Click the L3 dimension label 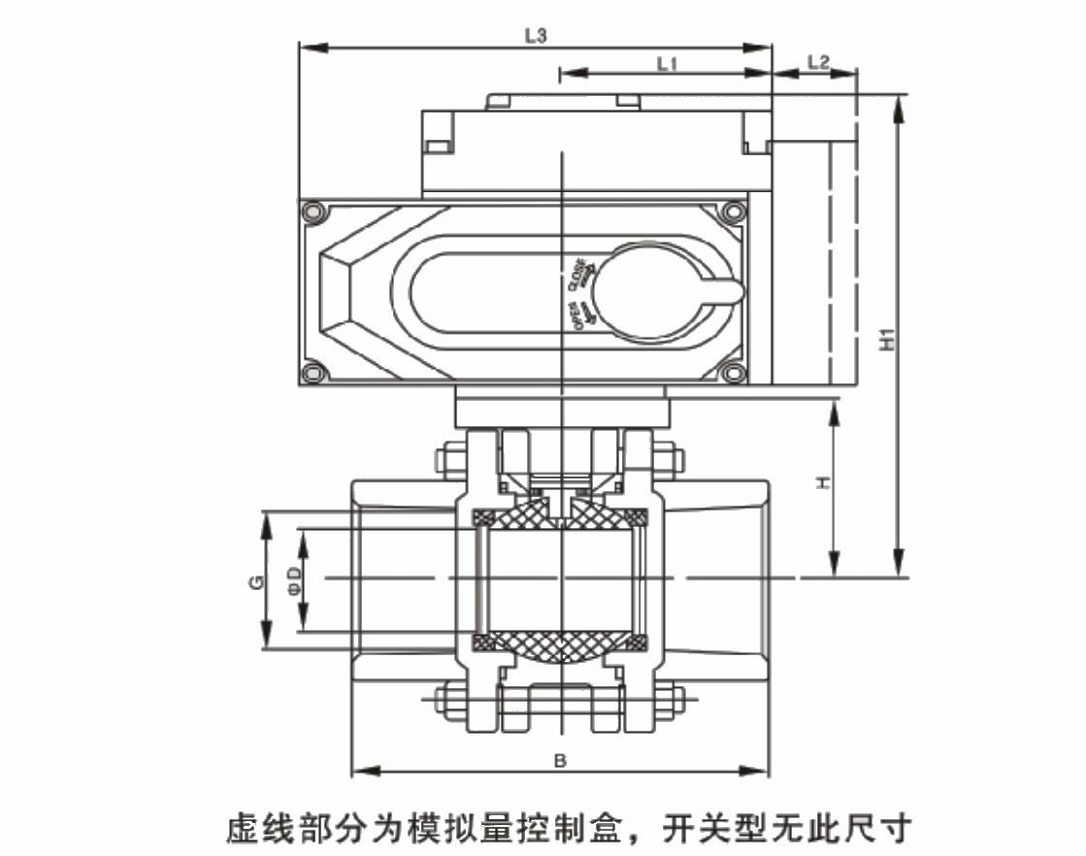point(535,35)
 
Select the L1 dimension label point(666,63)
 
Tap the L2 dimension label point(818,63)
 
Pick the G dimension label point(254,582)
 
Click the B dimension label point(559,761)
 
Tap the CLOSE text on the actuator point(578,273)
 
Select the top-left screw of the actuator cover point(313,212)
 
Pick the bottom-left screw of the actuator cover point(313,372)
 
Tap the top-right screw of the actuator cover point(733,212)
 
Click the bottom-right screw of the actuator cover point(733,372)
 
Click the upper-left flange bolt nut point(451,458)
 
